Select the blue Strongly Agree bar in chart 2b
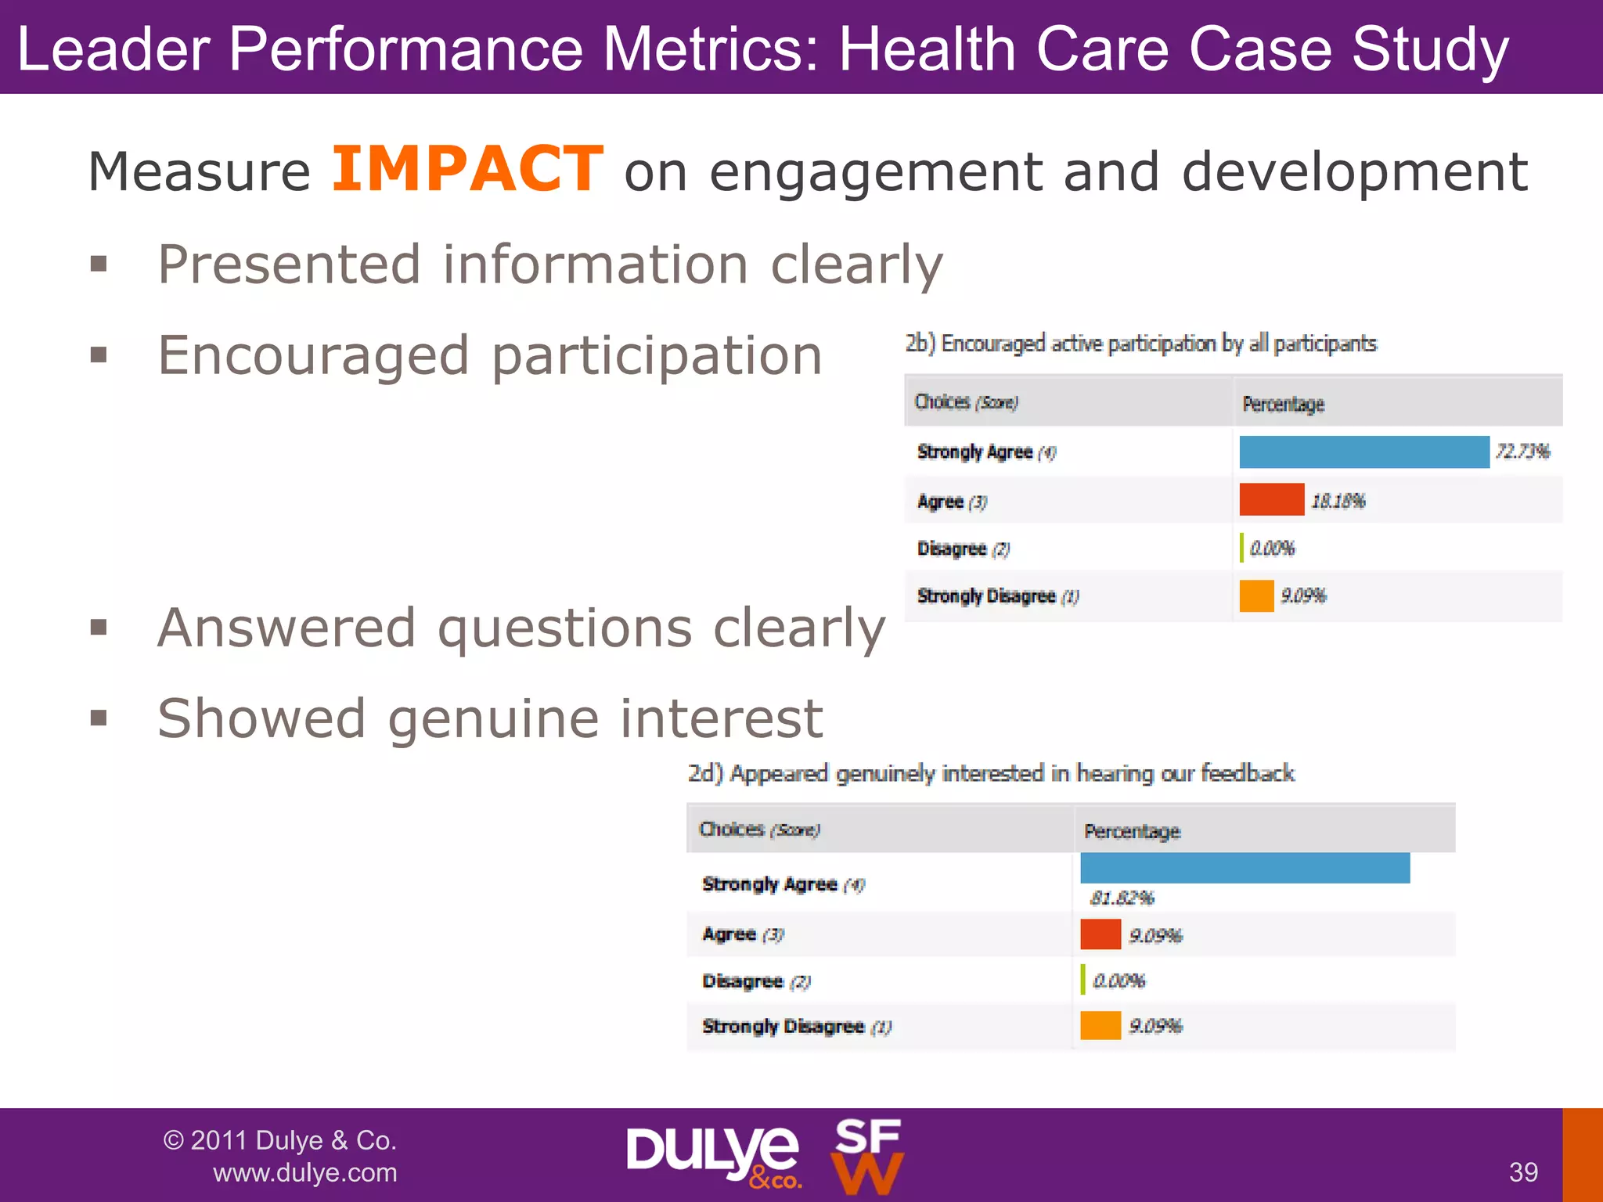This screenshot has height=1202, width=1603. click(1363, 452)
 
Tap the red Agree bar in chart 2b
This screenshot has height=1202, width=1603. click(1271, 500)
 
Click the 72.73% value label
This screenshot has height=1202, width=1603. click(1522, 452)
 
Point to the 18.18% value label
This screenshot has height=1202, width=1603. click(1338, 501)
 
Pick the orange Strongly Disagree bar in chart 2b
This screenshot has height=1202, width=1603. click(1256, 596)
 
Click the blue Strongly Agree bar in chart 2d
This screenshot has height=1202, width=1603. click(1245, 869)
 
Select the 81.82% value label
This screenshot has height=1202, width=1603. click(1122, 898)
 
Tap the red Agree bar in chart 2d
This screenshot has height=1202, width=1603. click(1100, 934)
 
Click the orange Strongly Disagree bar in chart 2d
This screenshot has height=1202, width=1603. click(1100, 1026)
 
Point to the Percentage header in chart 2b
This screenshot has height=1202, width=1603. click(1283, 404)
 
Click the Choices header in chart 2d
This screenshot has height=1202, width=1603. click(758, 830)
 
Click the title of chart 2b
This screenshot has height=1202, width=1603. click(1140, 344)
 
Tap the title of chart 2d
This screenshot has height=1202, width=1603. click(990, 773)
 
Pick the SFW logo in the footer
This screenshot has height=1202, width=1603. click(866, 1156)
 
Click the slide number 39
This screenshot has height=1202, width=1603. click(1522, 1172)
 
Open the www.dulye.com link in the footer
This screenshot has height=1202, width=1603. click(304, 1173)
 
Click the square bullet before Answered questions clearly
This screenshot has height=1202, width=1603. click(99, 627)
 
